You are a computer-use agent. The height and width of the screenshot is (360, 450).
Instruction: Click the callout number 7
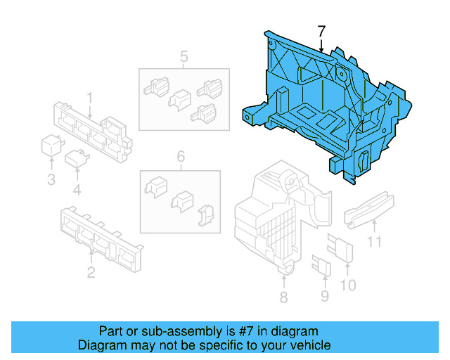click(x=321, y=32)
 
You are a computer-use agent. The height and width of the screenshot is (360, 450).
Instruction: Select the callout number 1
click(x=90, y=96)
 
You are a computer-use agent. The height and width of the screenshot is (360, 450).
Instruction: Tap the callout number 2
click(x=91, y=272)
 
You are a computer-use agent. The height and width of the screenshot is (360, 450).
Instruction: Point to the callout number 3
click(x=51, y=180)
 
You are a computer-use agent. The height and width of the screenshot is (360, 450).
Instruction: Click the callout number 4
click(x=77, y=189)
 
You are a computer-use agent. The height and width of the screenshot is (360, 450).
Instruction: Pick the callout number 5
click(x=184, y=56)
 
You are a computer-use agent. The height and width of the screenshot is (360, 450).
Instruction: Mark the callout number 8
click(x=283, y=297)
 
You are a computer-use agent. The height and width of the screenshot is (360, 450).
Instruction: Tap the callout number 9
click(x=324, y=296)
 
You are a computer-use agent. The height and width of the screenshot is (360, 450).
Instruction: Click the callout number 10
click(x=348, y=285)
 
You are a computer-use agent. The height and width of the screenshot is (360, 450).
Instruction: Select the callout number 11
click(x=375, y=243)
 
